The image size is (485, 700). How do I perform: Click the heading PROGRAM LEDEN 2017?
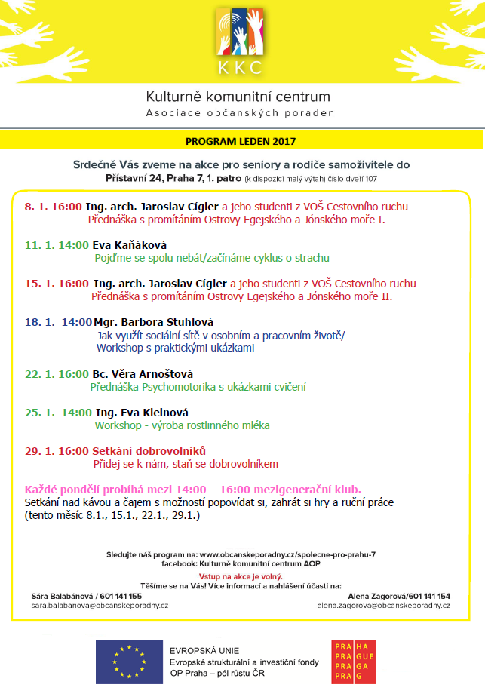(x=241, y=140)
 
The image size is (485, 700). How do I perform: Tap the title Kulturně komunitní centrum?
(x=238, y=97)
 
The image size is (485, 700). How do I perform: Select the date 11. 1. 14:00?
(x=57, y=245)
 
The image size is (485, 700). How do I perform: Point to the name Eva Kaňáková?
(x=129, y=245)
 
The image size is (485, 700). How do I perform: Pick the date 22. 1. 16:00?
(x=57, y=374)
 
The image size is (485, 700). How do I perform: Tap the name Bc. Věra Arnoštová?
(x=143, y=374)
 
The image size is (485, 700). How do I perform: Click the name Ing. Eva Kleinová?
(x=142, y=413)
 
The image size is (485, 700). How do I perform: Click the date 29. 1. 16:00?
(x=57, y=451)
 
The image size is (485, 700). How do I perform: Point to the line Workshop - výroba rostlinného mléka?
(x=182, y=425)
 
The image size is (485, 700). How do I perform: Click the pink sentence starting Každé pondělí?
(x=193, y=489)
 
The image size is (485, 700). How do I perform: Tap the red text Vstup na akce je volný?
(x=241, y=576)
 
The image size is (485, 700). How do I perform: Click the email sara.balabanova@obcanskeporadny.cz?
(x=100, y=605)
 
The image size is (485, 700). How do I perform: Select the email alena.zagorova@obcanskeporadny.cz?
(x=383, y=605)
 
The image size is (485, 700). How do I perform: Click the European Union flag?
(x=129, y=662)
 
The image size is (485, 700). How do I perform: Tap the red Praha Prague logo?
(x=354, y=662)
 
